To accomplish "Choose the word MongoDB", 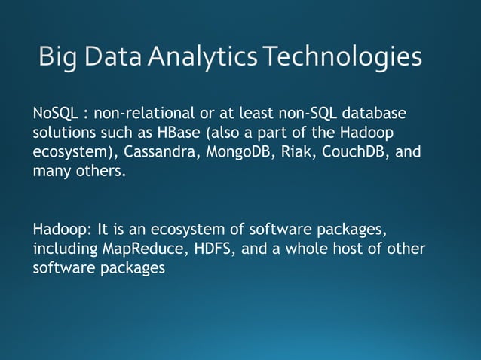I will click(x=233, y=152).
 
